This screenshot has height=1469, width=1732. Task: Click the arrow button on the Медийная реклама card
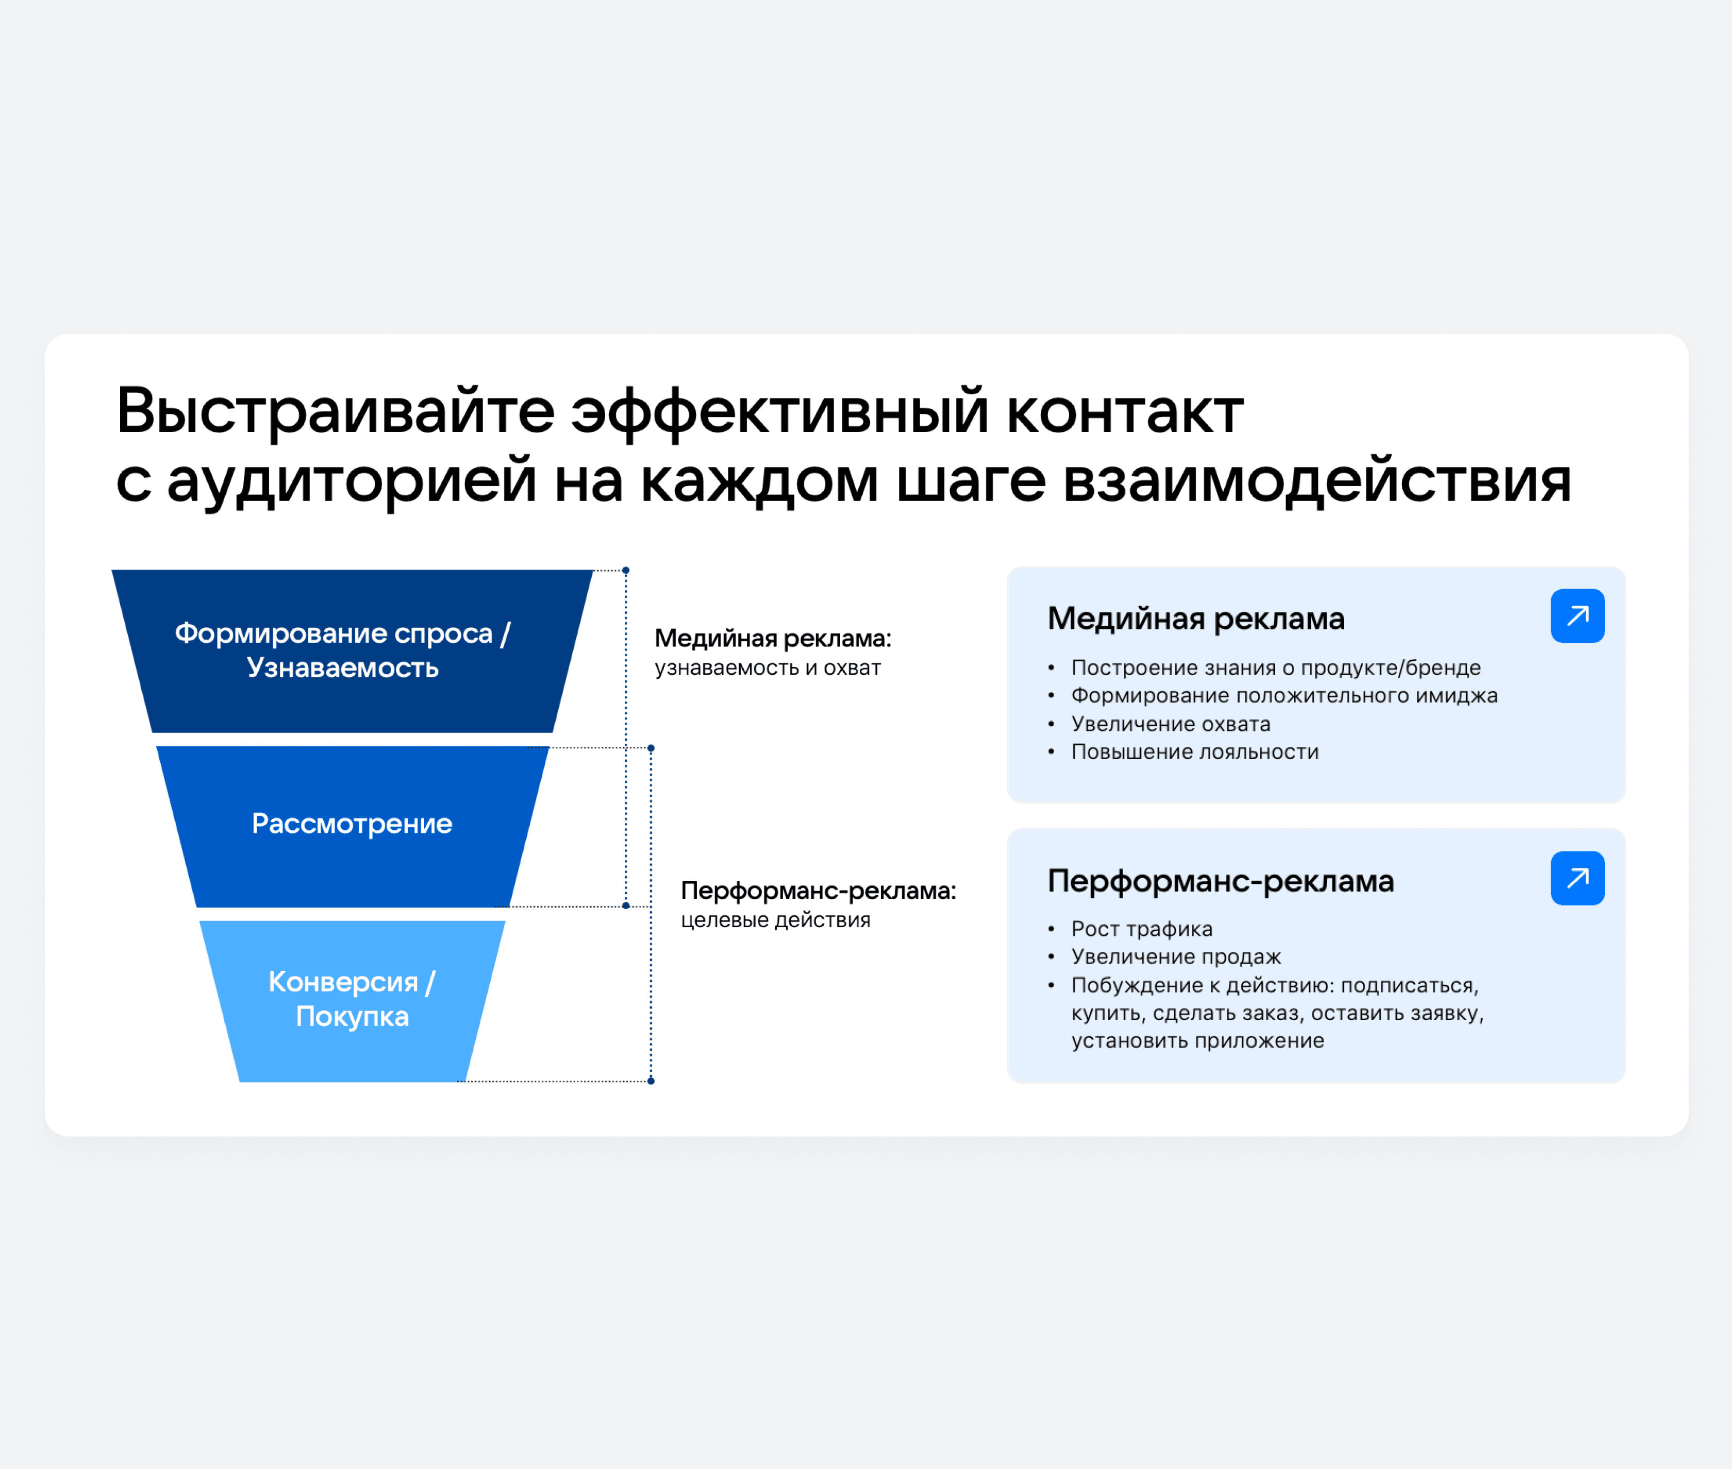point(1577,616)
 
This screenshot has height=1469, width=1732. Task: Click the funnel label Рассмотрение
point(352,824)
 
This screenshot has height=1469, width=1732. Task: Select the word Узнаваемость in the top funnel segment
point(342,668)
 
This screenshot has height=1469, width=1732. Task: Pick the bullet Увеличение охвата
point(1170,724)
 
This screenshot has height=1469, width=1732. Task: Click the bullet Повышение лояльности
point(1194,752)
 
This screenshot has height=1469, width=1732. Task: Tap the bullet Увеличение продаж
point(1175,957)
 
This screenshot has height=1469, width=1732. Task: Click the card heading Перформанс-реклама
point(1220,880)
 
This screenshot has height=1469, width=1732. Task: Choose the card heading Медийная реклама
point(1195,619)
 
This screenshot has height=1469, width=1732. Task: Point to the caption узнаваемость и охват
point(767,668)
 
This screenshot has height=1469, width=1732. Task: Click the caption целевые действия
point(775,920)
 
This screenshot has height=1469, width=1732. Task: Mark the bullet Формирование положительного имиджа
point(1283,695)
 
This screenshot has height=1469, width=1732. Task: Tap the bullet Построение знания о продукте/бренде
point(1275,667)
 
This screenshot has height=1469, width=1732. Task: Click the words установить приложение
point(1196,1041)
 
